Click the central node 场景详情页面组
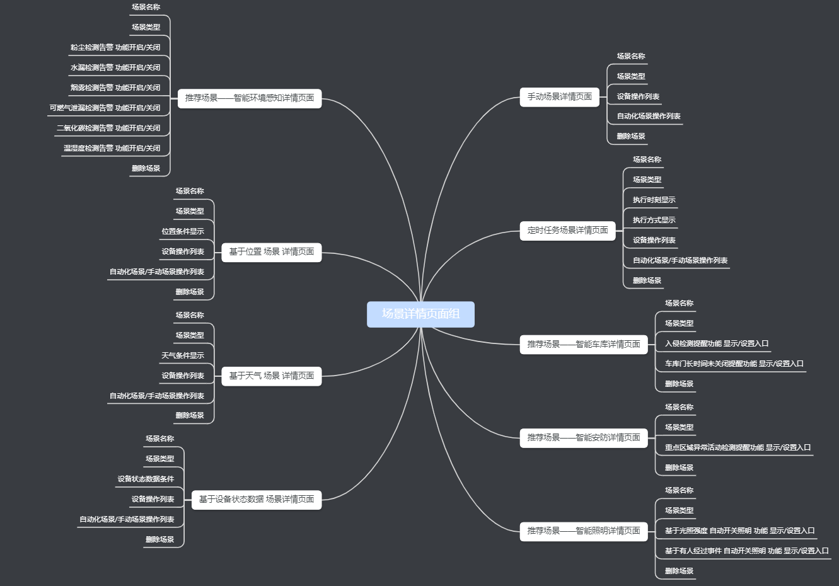point(420,314)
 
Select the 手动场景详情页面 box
point(560,97)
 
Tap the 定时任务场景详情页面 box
point(567,231)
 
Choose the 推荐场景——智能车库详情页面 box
point(584,345)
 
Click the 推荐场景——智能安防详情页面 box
point(584,438)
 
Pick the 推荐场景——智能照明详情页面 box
point(584,531)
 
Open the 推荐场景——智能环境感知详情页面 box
point(250,98)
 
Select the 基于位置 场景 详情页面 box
point(272,252)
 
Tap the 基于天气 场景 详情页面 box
point(272,376)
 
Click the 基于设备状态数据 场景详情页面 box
point(257,500)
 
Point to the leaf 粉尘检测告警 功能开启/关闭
point(115,47)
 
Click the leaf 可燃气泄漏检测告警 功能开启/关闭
point(105,108)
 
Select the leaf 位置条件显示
point(183,231)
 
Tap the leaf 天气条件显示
point(183,355)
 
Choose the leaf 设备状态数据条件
point(146,479)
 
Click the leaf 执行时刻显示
point(654,200)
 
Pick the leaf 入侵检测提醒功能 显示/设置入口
point(717,344)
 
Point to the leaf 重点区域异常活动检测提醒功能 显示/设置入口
point(738,447)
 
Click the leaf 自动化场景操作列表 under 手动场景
point(649,117)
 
